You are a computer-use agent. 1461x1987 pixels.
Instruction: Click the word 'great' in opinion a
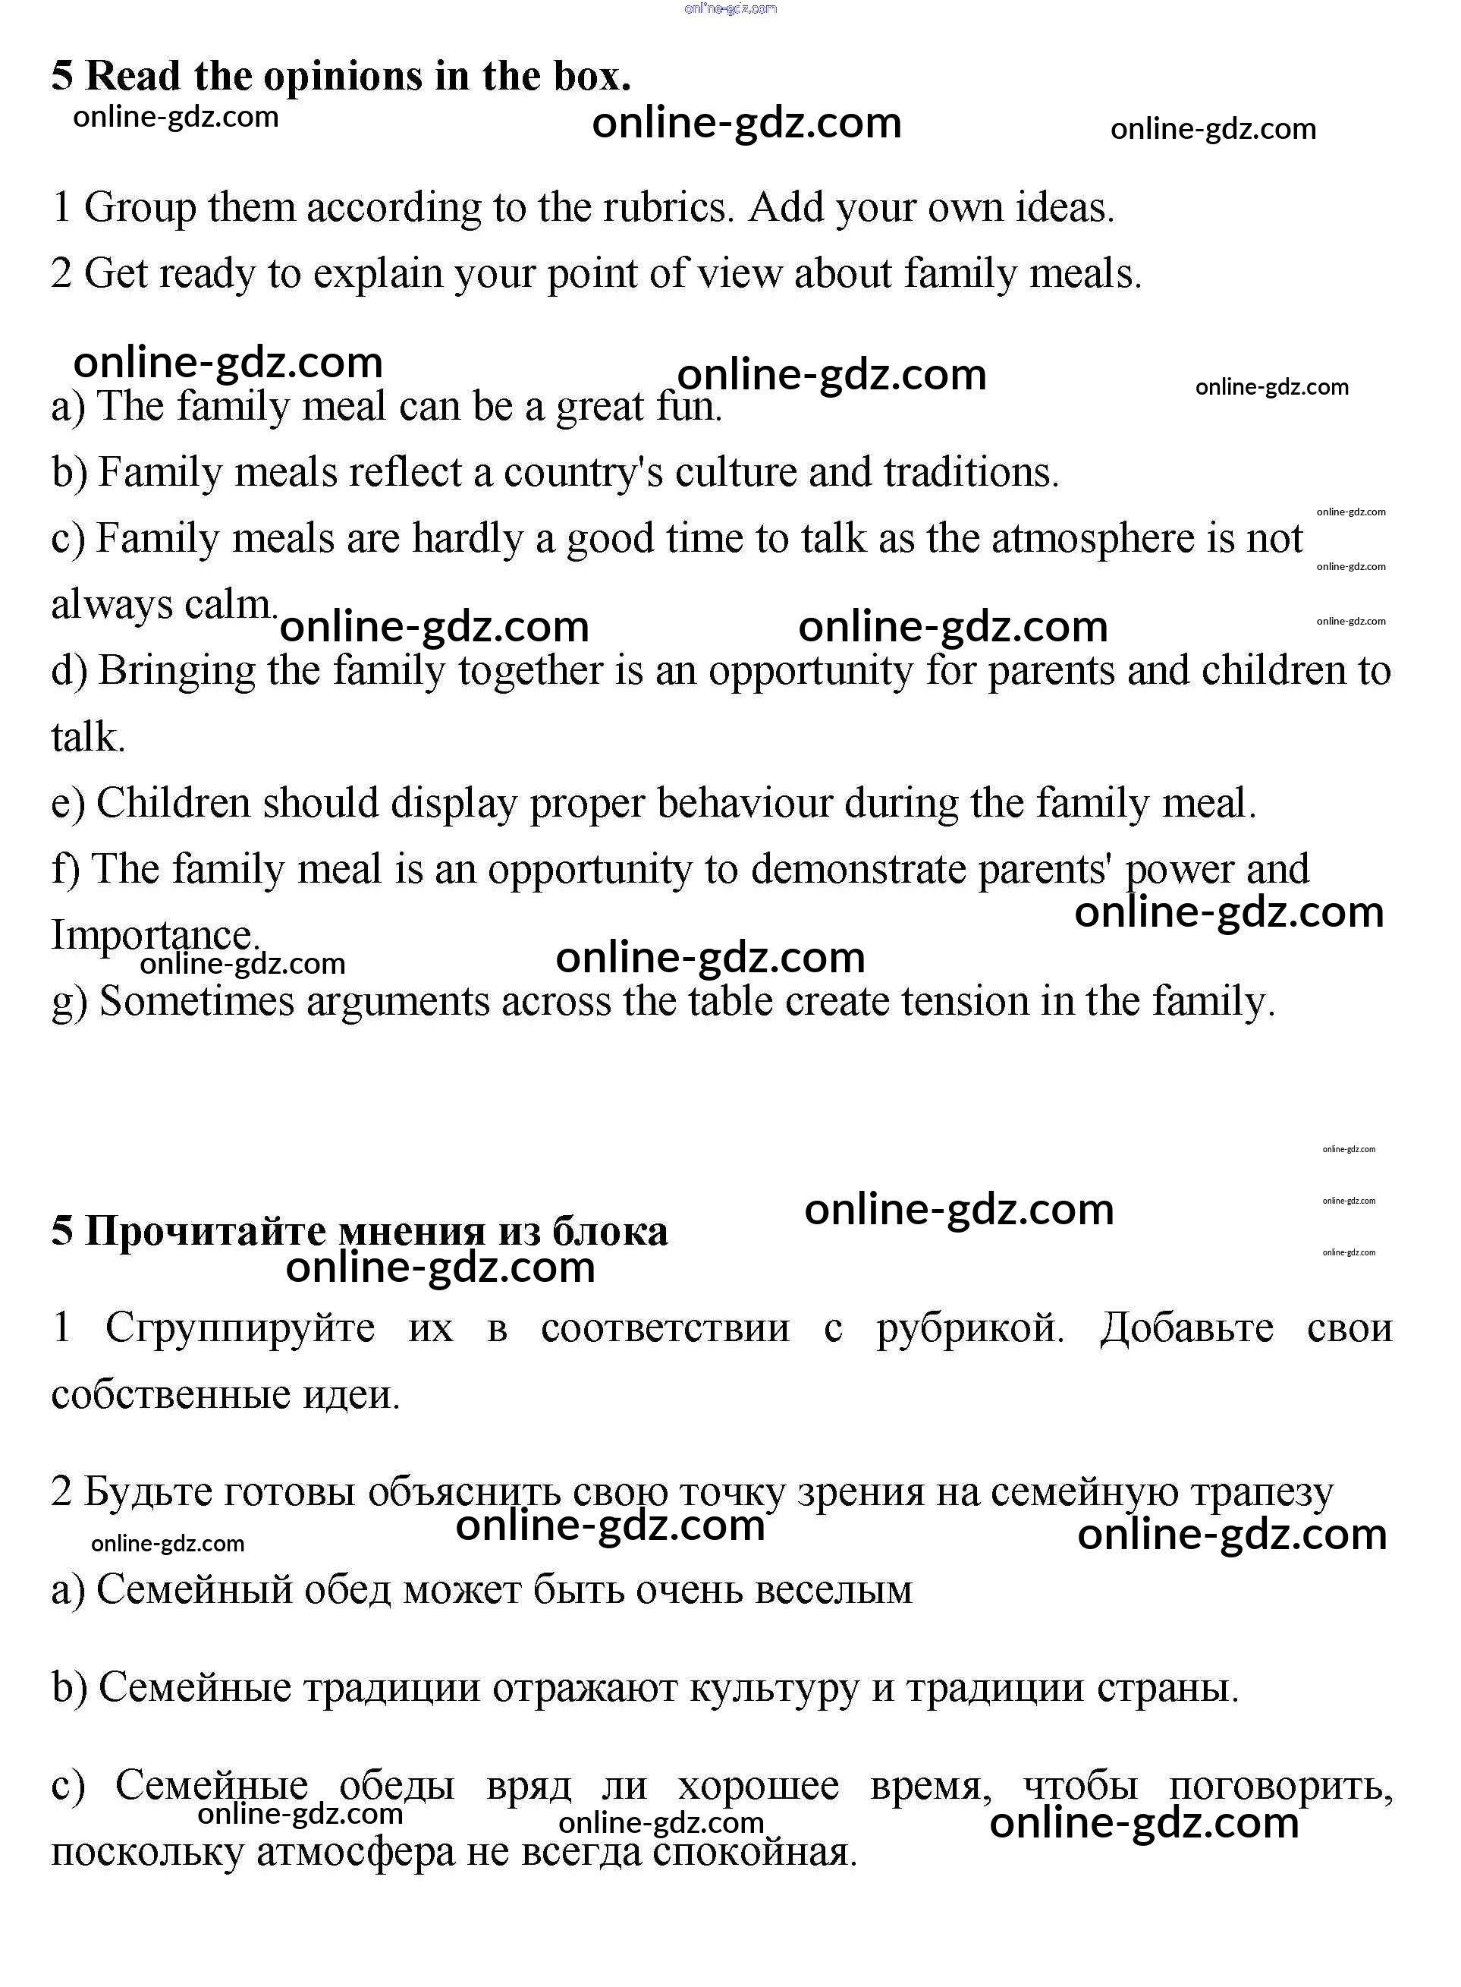click(601, 407)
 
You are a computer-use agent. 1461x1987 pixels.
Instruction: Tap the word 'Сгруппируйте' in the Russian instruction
click(240, 1328)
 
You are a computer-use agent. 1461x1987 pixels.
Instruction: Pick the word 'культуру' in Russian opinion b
click(774, 1687)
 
